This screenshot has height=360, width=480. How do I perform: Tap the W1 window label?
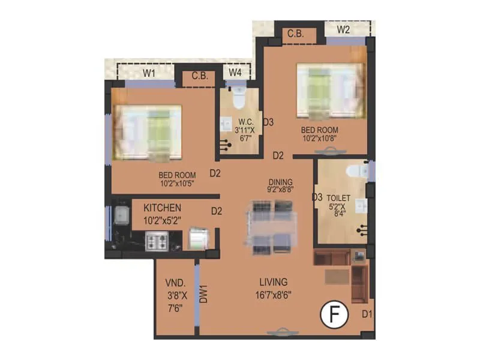(x=149, y=74)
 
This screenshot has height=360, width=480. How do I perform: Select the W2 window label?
(x=343, y=29)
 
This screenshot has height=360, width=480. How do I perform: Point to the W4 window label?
(x=236, y=73)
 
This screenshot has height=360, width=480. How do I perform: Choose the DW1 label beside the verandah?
(x=204, y=295)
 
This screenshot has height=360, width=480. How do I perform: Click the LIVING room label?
(x=273, y=281)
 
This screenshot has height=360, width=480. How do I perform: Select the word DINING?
(x=280, y=182)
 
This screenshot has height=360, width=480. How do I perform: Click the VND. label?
(x=175, y=283)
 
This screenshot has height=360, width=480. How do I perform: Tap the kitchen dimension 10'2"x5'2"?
(x=163, y=221)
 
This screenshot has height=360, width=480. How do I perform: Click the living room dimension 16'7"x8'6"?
(x=273, y=295)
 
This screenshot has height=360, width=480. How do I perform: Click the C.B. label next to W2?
(x=295, y=34)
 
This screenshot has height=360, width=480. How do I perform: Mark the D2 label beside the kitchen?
(x=217, y=211)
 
